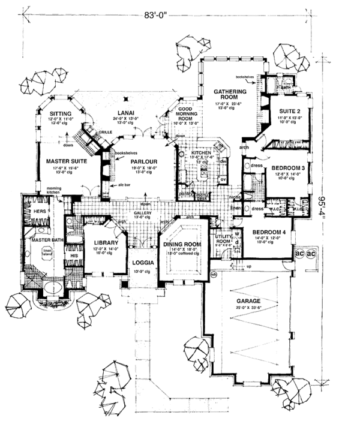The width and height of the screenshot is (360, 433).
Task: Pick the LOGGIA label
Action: point(142,262)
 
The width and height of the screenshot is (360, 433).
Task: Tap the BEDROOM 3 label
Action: point(288,169)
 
